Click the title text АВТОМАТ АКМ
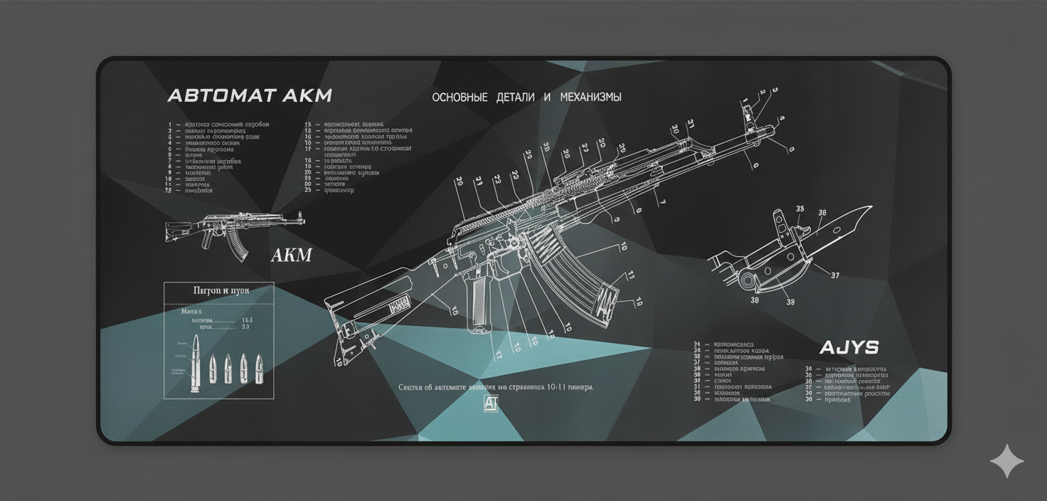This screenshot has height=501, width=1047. [x=249, y=96]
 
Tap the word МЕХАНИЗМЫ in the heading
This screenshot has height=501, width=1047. [x=590, y=97]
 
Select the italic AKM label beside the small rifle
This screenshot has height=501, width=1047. [x=292, y=255]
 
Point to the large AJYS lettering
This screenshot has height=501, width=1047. [x=849, y=348]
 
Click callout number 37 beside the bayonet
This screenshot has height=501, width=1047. [x=835, y=276]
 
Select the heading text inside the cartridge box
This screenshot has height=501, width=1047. [x=220, y=290]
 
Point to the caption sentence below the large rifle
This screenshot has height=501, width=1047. [x=496, y=387]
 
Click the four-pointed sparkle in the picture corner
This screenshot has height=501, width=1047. [x=1007, y=462]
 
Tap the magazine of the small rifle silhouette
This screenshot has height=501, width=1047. [x=239, y=247]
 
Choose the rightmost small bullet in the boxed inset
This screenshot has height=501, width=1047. [x=260, y=369]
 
